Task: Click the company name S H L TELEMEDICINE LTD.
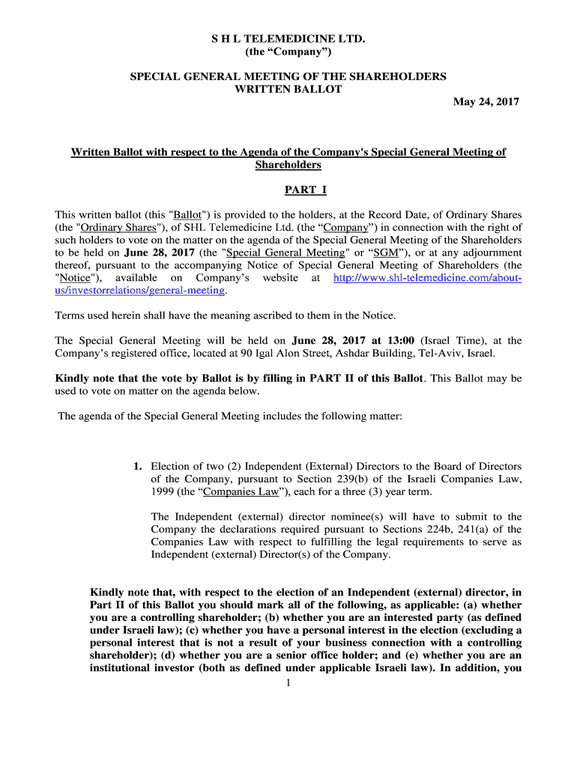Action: tap(288, 38)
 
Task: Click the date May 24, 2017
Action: tap(486, 102)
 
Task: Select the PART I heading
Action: tap(288, 190)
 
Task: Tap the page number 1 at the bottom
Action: tap(288, 682)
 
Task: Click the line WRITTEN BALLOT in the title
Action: tap(288, 89)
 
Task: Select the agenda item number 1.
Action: tap(138, 467)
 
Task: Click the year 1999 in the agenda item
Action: tap(163, 492)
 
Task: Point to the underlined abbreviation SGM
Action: tap(385, 252)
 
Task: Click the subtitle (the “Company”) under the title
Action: tap(288, 52)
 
